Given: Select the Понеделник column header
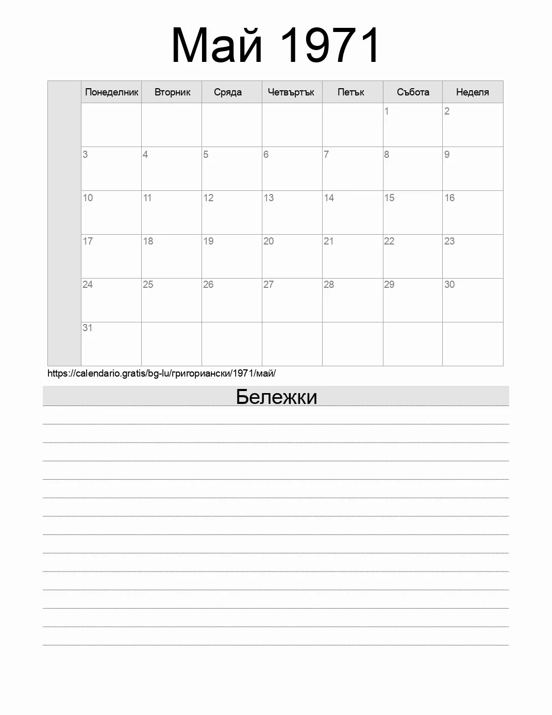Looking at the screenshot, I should click(111, 92).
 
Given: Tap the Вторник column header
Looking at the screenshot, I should click(172, 92).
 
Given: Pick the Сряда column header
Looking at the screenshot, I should click(228, 92).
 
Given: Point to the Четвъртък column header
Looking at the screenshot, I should click(291, 92).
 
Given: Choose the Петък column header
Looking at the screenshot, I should click(351, 92).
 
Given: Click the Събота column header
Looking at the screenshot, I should click(413, 92).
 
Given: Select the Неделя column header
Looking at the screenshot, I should click(472, 92).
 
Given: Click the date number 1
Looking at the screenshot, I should click(387, 111).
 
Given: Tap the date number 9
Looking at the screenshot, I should click(447, 154).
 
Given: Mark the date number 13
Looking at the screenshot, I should click(269, 198).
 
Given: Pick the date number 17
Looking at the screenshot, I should click(88, 241).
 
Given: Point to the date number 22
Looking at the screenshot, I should click(389, 241).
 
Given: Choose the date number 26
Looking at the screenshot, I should click(208, 284).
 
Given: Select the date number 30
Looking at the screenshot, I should click(449, 284).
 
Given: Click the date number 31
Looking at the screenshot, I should click(88, 328).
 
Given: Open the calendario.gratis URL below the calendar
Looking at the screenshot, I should click(161, 373).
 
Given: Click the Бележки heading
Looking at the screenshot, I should click(276, 397).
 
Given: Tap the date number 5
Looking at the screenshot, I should click(206, 154).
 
